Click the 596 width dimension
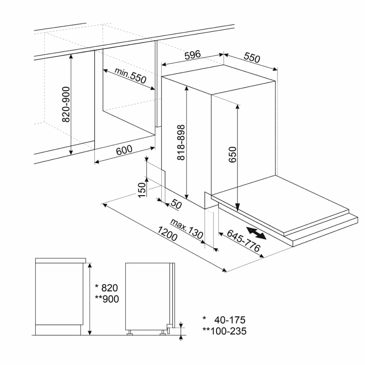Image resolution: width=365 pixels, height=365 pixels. pyautogui.click(x=192, y=55)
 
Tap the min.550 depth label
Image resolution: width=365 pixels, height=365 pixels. pyautogui.click(x=131, y=75)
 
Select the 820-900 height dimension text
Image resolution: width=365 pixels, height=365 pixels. pyautogui.click(x=66, y=104)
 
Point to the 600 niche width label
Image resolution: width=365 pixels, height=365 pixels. pyautogui.click(x=124, y=150)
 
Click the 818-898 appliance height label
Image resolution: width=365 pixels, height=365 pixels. pyautogui.click(x=181, y=142)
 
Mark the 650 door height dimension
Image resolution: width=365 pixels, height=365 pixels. pyautogui.click(x=233, y=154)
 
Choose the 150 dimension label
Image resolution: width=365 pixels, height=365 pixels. pyautogui.click(x=142, y=190)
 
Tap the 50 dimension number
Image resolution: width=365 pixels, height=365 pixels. pyautogui.click(x=176, y=204)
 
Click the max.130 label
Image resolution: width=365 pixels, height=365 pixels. pyautogui.click(x=187, y=228)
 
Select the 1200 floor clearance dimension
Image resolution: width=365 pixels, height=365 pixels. pyautogui.click(x=168, y=234)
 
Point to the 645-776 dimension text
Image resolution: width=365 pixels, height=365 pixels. pyautogui.click(x=243, y=241)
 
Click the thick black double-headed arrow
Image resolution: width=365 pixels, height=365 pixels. pyautogui.click(x=256, y=233)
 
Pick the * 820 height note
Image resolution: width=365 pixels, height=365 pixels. pyautogui.click(x=106, y=288)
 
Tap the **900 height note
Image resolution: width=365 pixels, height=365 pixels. pyautogui.click(x=107, y=299)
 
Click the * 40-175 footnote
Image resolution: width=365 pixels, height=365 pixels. pyautogui.click(x=224, y=320)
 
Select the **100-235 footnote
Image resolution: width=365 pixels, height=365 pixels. pyautogui.click(x=224, y=331)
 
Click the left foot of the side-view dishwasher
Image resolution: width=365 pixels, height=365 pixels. pyautogui.click(x=130, y=333)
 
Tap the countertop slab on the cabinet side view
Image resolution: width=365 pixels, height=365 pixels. pyautogui.click(x=61, y=261)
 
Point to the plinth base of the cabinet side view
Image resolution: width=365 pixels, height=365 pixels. pyautogui.click(x=58, y=330)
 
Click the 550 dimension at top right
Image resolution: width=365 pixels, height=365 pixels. pyautogui.click(x=252, y=58)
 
